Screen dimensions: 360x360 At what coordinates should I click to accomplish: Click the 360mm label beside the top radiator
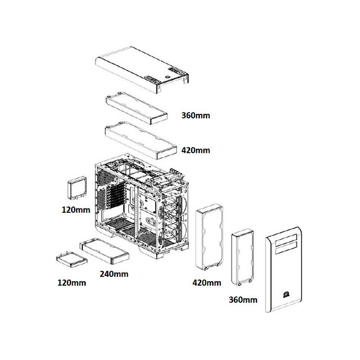[x=196, y=115]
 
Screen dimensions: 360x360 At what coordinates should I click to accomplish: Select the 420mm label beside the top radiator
[x=196, y=150]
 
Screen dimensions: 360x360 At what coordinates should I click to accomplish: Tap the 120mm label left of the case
[x=76, y=210]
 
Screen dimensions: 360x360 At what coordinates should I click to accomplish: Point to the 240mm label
[x=114, y=274]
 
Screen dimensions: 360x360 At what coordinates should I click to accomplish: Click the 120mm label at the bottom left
[x=72, y=283]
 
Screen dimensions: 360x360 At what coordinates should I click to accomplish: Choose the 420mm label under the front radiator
[x=207, y=283]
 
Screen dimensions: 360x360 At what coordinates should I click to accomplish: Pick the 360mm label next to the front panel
[x=243, y=300]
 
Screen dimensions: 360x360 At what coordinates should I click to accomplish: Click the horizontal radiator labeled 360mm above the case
[x=136, y=108]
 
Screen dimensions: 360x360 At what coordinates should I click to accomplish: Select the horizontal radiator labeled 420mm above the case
[x=141, y=140]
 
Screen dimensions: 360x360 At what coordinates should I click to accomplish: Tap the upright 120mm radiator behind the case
[x=77, y=188]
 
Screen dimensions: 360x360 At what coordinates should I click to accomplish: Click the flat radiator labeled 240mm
[x=104, y=251]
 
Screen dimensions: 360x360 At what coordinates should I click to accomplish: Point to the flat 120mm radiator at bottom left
[x=72, y=260]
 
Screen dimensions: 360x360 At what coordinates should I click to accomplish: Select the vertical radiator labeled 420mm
[x=209, y=237]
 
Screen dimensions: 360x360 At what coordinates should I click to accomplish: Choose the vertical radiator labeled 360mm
[x=243, y=257]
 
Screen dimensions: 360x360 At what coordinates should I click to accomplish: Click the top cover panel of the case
[x=142, y=70]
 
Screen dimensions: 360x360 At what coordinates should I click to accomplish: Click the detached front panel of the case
[x=283, y=269]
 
